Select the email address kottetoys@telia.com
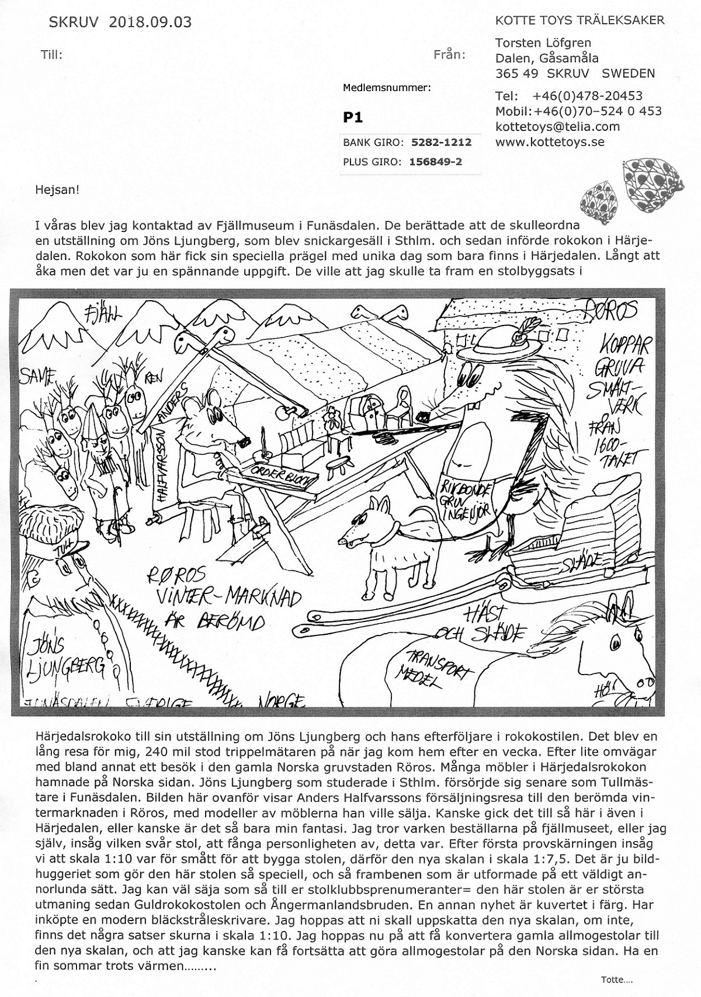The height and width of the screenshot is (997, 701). [557, 127]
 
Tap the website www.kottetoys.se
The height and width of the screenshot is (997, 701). [550, 142]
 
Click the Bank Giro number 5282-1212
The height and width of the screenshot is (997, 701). [441, 142]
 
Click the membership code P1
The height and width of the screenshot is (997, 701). [353, 118]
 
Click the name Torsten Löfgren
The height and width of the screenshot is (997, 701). [543, 43]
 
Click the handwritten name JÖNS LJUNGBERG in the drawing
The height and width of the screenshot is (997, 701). [64, 657]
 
